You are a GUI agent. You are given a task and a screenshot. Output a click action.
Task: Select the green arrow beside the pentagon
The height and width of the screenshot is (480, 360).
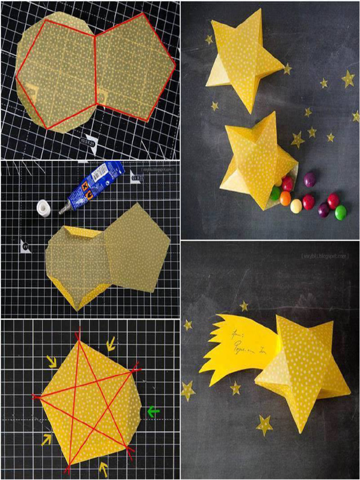coord(153,412)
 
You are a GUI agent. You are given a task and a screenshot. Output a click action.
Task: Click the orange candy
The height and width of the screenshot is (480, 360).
coord(285,198)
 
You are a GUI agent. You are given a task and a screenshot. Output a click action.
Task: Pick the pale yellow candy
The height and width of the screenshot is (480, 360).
coord(296,206)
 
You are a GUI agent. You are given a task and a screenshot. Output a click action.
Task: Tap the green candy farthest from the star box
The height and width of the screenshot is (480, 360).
coord(341,212)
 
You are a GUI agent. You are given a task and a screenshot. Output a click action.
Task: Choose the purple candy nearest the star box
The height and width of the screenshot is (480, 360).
coord(310,179)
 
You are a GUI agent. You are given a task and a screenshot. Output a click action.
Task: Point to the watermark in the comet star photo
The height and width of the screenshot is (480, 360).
coord(332,256)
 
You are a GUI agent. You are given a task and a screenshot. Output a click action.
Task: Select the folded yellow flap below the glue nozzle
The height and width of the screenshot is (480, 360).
coord(84,232)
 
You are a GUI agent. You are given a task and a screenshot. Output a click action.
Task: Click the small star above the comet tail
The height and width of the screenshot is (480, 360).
coord(244,306)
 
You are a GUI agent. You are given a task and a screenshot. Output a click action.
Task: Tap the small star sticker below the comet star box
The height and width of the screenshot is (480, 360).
coord(264,425)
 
